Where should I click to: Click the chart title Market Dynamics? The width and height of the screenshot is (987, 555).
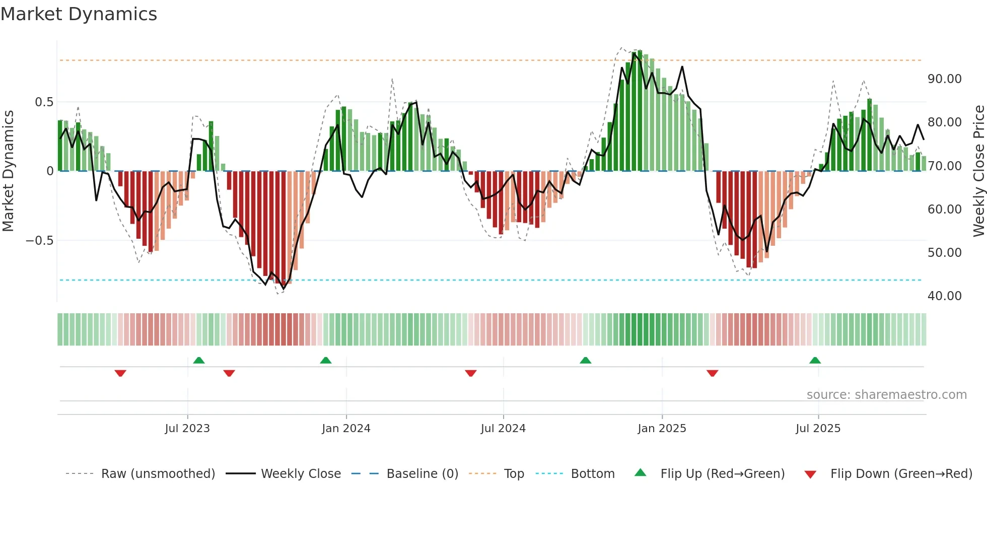(x=79, y=14)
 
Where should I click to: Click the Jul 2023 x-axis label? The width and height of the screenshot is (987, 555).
(x=187, y=429)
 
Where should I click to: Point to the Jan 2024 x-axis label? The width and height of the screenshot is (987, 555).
(x=346, y=429)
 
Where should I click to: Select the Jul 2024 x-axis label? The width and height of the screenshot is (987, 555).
(x=503, y=429)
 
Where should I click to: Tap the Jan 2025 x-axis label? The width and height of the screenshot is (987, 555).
(x=662, y=429)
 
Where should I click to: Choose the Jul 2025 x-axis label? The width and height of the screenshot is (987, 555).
(x=818, y=429)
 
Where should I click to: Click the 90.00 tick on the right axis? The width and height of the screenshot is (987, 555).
(x=944, y=79)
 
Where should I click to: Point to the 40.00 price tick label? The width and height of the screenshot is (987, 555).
(x=944, y=296)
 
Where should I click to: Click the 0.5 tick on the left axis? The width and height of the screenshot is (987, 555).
(x=44, y=102)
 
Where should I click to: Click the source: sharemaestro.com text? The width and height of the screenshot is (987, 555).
(x=886, y=395)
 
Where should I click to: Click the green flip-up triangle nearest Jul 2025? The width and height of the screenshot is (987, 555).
(x=815, y=360)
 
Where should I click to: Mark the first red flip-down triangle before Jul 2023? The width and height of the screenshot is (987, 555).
(x=120, y=373)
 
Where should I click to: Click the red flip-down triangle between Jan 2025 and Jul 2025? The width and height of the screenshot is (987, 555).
(x=712, y=373)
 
